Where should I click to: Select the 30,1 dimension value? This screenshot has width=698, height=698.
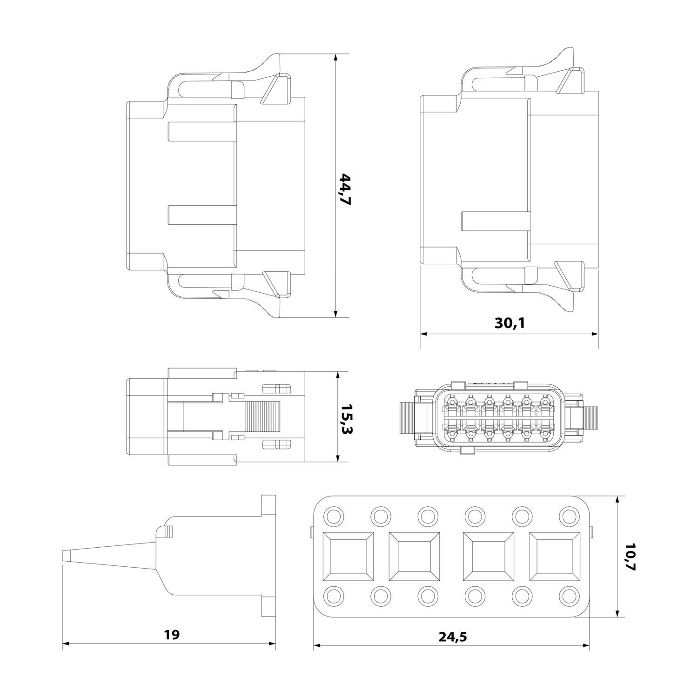[510, 323]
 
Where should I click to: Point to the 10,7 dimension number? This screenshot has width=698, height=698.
[630, 557]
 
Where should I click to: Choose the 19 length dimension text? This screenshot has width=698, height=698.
[172, 634]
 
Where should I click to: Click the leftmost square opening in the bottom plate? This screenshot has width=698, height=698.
[349, 557]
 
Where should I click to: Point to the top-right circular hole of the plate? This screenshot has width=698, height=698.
[569, 516]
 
